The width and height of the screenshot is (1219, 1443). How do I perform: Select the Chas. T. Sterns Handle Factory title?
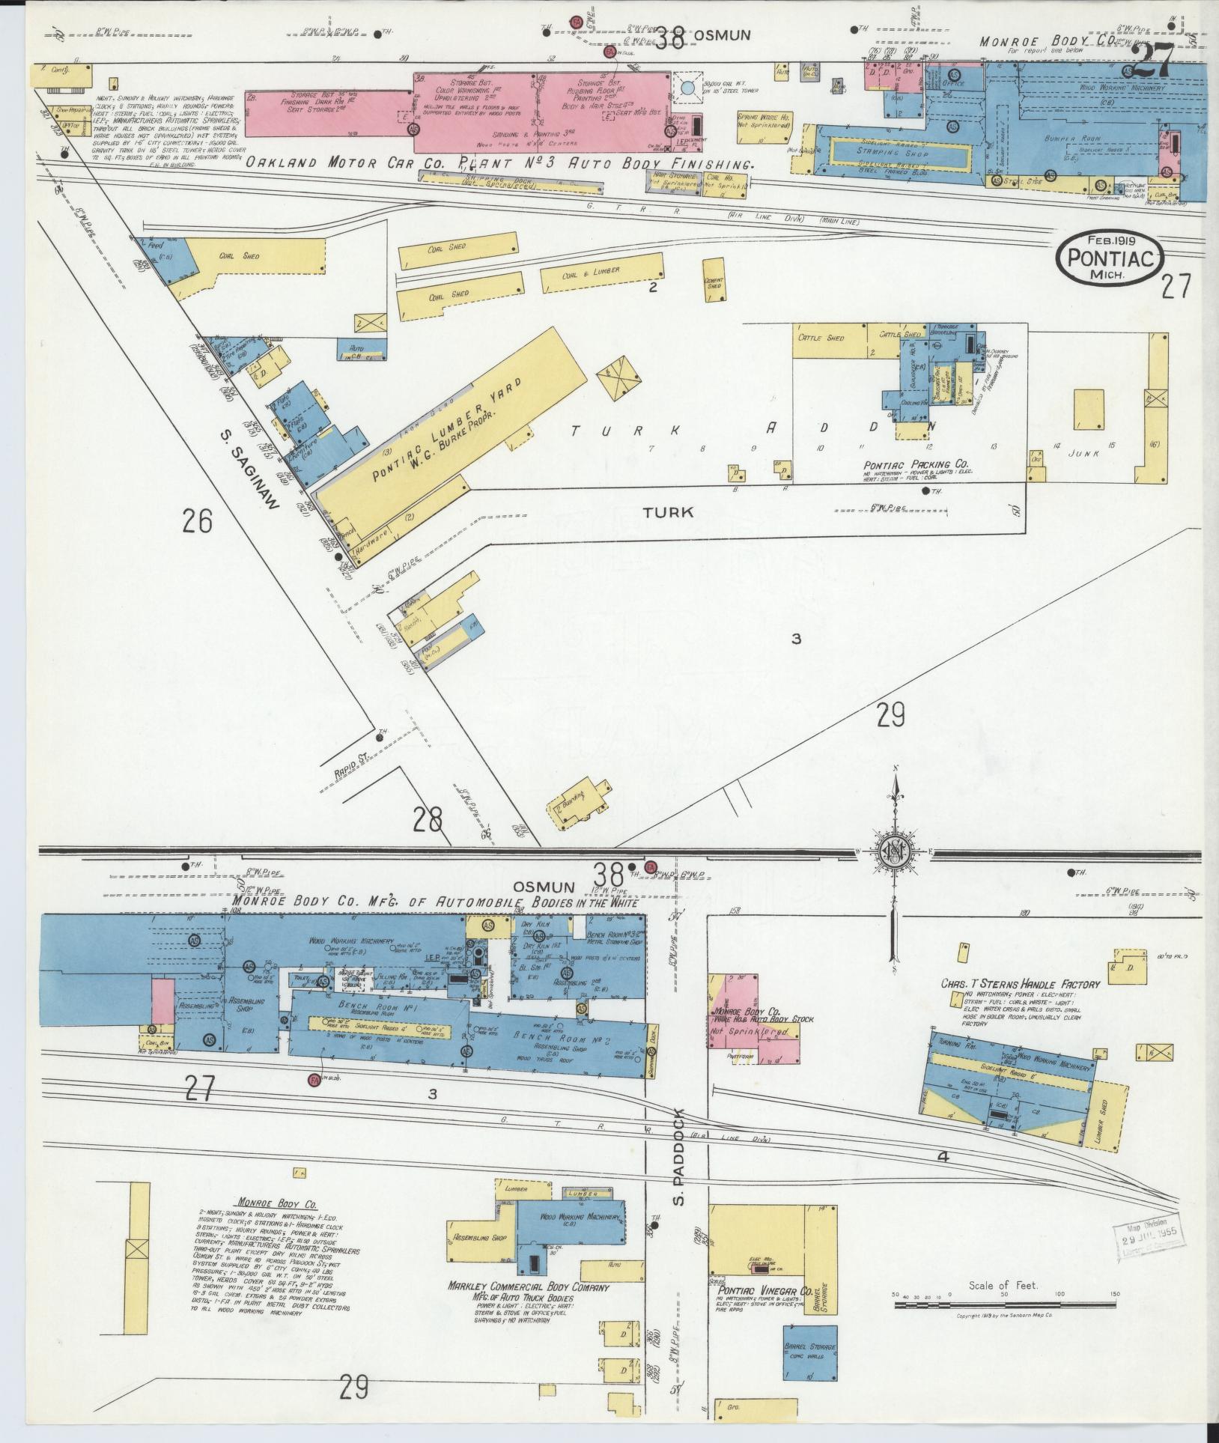1020,984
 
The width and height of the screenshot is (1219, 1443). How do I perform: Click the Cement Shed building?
714,280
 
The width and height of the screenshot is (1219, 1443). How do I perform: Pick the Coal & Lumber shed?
601,273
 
